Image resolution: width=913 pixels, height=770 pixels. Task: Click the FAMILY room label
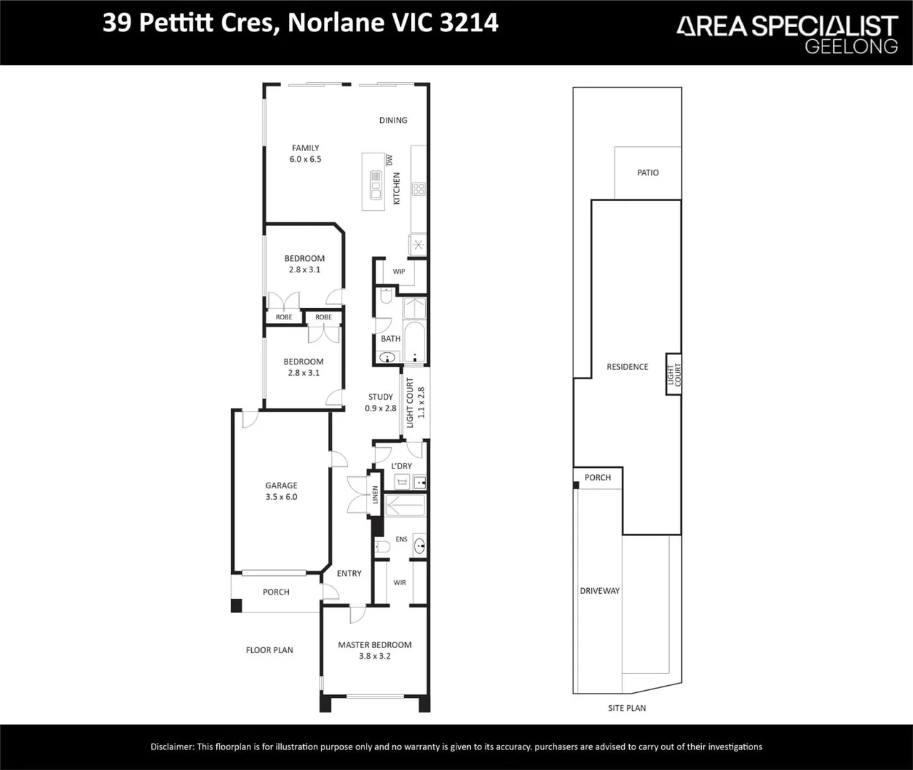coord(305,148)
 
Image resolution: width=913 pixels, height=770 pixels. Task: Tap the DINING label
coord(393,120)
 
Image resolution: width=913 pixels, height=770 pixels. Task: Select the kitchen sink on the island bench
coord(376,185)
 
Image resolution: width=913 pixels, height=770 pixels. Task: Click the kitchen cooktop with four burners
coord(419,189)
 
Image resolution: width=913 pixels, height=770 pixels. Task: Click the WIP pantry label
coord(399,272)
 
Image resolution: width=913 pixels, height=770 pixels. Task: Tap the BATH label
coord(390,339)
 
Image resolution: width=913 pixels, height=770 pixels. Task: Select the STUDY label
coord(380,397)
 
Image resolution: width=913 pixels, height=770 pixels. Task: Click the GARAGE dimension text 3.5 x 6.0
coord(281,497)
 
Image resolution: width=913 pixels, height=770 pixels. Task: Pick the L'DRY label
coord(402,466)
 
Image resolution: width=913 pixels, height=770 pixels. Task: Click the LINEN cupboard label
coord(375,495)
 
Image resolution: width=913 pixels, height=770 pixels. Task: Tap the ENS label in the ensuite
coord(402,539)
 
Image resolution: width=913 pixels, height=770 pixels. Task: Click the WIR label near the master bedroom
coord(399,582)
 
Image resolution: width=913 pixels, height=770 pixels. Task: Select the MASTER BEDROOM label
coord(374,645)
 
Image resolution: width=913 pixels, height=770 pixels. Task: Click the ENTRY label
coord(349,573)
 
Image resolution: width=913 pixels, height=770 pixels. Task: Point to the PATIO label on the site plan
coord(648,173)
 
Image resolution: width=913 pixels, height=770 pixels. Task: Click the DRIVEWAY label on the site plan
coord(599,591)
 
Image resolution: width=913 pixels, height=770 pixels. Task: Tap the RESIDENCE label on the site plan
coord(627,367)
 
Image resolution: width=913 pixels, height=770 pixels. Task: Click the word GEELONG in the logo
coord(851,46)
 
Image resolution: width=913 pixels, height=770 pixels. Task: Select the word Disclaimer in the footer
coord(172,746)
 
